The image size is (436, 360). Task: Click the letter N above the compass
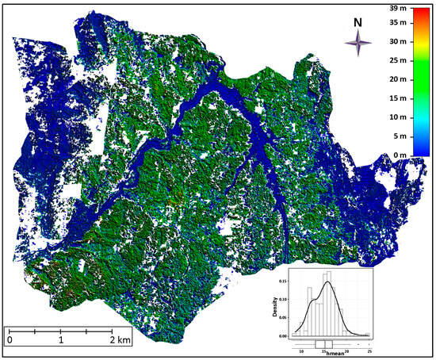(359, 21)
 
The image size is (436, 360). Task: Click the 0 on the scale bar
(10, 339)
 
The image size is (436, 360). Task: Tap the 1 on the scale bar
(61, 339)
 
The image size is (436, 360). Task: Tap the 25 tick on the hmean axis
(369, 350)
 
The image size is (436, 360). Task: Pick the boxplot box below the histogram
(324, 343)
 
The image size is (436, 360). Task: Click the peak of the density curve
(326, 281)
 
